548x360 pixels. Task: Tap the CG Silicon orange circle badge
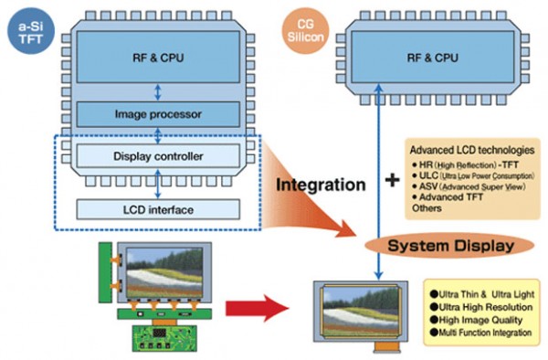pos(306,28)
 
